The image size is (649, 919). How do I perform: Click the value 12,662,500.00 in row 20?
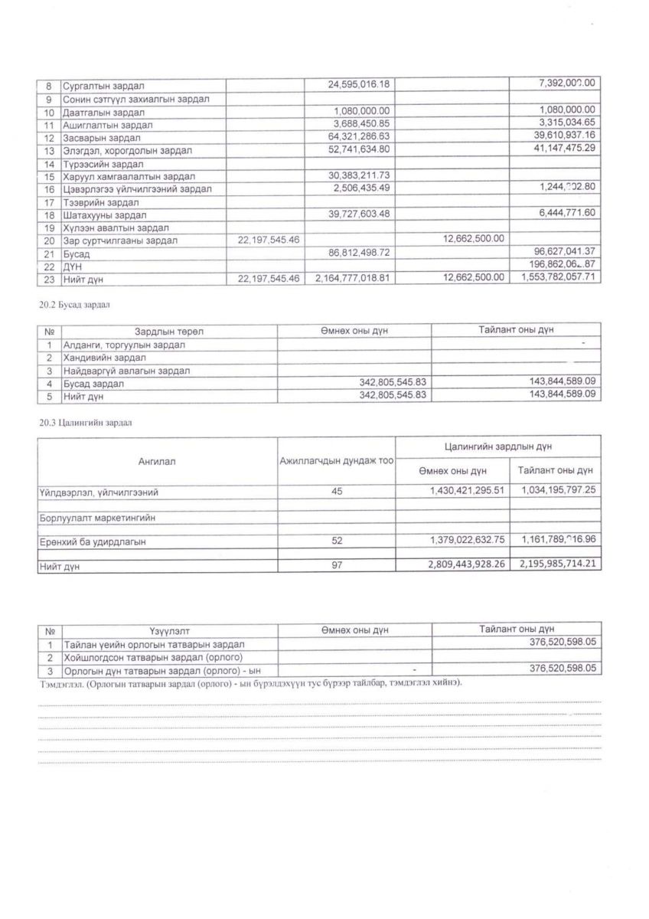(x=474, y=240)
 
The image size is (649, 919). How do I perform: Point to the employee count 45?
(x=337, y=491)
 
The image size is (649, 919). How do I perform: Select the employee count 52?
(x=337, y=541)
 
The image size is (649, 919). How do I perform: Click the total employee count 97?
(x=337, y=567)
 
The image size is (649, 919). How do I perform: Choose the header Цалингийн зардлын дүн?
(x=497, y=445)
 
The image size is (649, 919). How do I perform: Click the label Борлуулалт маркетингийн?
(x=97, y=518)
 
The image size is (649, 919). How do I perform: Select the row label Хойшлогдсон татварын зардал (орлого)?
(x=153, y=656)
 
